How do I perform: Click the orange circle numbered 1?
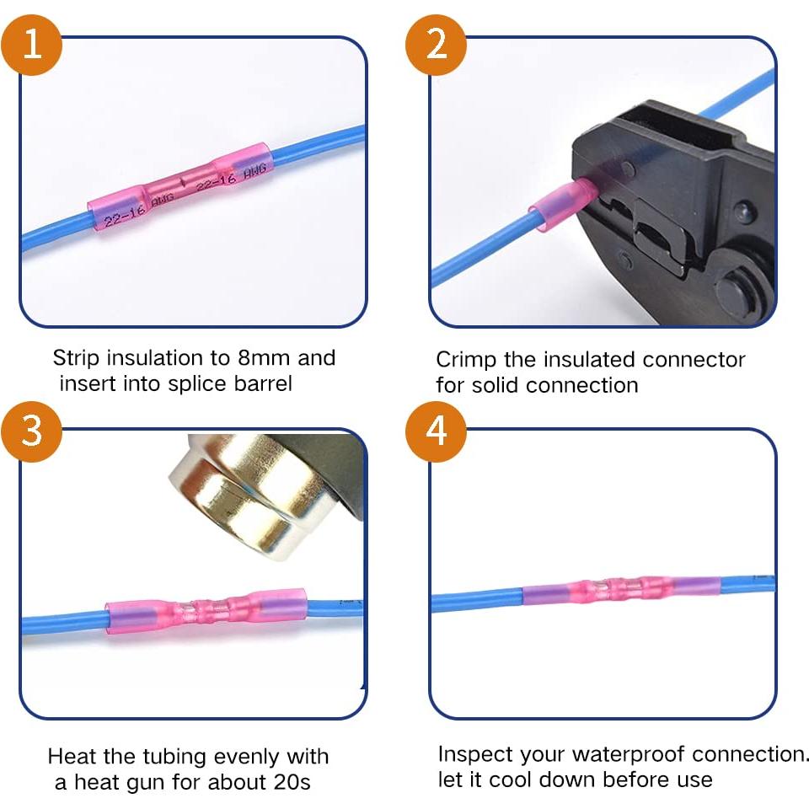(32, 44)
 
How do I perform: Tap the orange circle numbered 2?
(437, 44)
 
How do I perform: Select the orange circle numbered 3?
(32, 431)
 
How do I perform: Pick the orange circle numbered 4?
(437, 431)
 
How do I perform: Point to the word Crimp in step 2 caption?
(466, 361)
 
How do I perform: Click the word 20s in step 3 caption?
(292, 782)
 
